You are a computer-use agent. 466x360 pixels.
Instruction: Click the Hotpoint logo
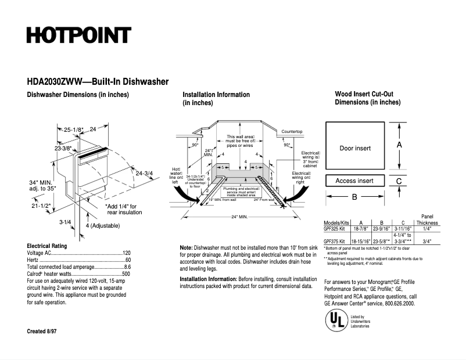(78, 35)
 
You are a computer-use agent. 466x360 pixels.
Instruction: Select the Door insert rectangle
(355, 148)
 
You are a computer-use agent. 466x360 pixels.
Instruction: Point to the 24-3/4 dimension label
(144, 173)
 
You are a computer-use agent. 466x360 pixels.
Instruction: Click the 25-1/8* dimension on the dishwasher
(74, 129)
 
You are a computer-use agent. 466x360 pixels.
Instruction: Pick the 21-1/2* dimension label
(41, 206)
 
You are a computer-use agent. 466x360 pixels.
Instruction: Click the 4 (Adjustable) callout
(103, 225)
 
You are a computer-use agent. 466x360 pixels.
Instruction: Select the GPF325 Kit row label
(335, 229)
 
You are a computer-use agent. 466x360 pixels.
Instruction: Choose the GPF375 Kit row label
(335, 240)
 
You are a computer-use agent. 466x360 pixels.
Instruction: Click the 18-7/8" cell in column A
(361, 229)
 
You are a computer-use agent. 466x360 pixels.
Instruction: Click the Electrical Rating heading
(48, 246)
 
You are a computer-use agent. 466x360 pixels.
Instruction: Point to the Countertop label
(292, 132)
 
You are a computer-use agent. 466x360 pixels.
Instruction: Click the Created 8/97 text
(42, 331)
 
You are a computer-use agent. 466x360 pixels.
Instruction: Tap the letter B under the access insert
(354, 197)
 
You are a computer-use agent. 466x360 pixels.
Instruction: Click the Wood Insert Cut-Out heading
(368, 94)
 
